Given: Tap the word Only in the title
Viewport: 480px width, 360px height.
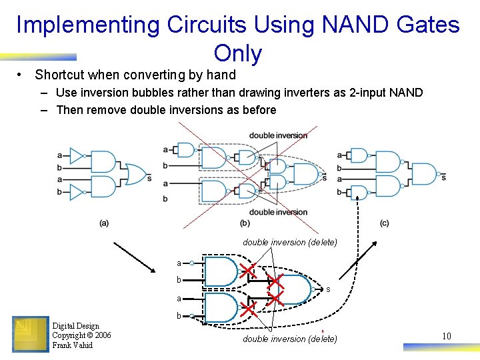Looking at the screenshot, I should click(238, 53).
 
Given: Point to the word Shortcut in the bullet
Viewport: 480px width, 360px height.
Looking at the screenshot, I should click(64, 75).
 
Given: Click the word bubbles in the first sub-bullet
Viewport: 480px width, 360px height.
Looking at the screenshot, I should click(150, 93).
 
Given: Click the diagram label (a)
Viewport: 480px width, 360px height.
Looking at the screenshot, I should click(104, 223).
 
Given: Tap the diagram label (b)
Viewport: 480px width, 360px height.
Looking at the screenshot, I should click(245, 223).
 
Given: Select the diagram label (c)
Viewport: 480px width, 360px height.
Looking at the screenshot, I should click(384, 223).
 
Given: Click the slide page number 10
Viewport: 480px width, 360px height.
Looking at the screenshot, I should click(447, 336).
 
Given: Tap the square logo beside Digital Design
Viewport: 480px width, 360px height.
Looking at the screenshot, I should click(30, 334).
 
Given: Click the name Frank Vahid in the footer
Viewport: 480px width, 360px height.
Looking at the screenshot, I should click(73, 345).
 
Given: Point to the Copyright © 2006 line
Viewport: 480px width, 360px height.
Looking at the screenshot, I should click(81, 335).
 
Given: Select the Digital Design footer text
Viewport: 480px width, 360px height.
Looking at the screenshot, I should click(75, 326).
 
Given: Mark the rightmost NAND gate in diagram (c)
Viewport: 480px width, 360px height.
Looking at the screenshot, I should click(424, 174).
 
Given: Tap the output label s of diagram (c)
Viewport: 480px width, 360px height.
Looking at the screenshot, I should click(444, 177).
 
